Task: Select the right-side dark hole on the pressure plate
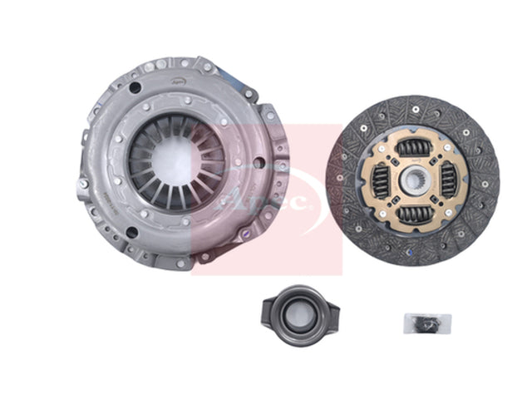[259, 161]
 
